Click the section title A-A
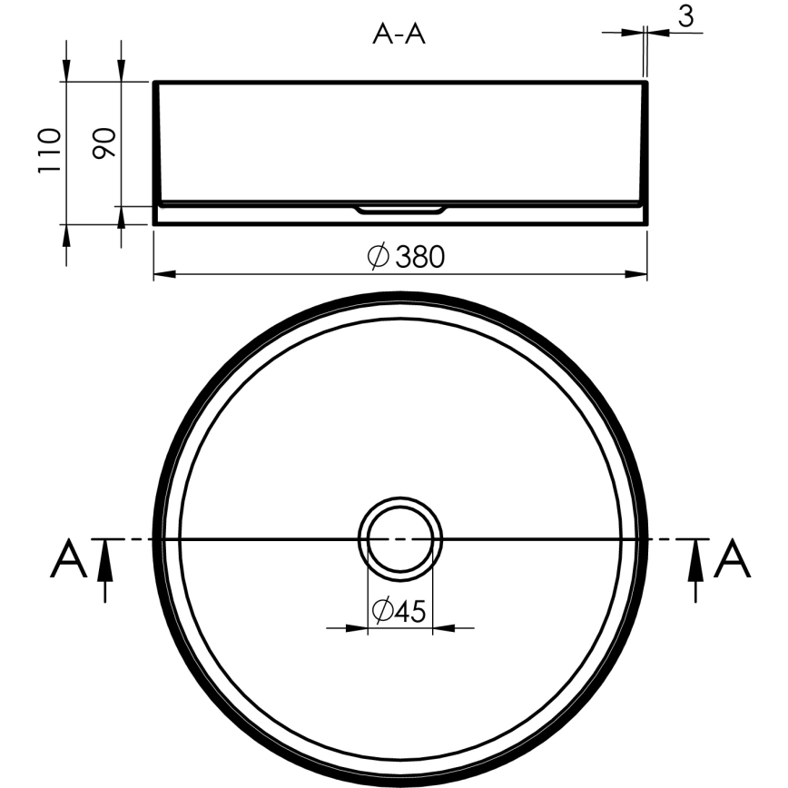coord(399,34)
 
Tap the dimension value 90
coord(105,143)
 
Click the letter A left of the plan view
coord(68,559)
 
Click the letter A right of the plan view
coord(733,559)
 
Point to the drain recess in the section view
coord(400,210)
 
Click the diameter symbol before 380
coord(379,257)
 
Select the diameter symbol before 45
coord(382,612)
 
